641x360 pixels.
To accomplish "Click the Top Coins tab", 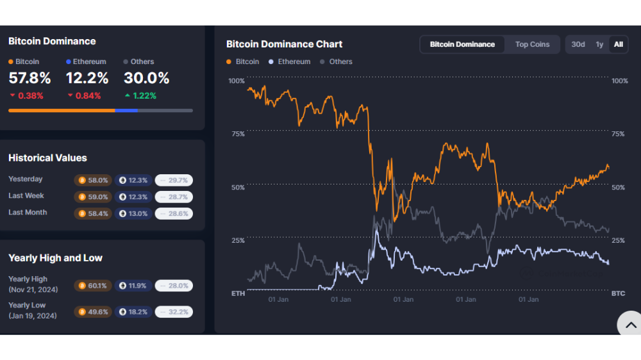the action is pyautogui.click(x=532, y=45).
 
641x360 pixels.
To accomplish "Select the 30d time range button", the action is pyautogui.click(x=578, y=45).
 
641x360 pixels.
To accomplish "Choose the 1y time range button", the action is pyautogui.click(x=599, y=45).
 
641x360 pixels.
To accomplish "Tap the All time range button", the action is pyautogui.click(x=618, y=45).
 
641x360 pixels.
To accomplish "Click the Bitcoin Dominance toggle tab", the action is pyautogui.click(x=462, y=45).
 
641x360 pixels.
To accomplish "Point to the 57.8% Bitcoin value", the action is pyautogui.click(x=30, y=78).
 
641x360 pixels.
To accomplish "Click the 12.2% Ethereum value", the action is pyautogui.click(x=87, y=78).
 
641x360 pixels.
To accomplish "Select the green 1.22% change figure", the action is pyautogui.click(x=140, y=95).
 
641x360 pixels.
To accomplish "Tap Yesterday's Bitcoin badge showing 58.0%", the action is pyautogui.click(x=93, y=180).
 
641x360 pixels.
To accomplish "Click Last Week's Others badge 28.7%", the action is pyautogui.click(x=174, y=197).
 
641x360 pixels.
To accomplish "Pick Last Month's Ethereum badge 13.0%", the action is pyautogui.click(x=133, y=214).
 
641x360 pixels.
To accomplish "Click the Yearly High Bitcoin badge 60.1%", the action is pyautogui.click(x=93, y=286).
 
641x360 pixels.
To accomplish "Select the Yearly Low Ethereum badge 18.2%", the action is pyautogui.click(x=133, y=312).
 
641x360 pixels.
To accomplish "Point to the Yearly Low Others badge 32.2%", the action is pyautogui.click(x=174, y=312).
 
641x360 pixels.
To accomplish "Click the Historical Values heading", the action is pyautogui.click(x=48, y=158).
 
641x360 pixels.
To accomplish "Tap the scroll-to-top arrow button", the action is pyautogui.click(x=630, y=325).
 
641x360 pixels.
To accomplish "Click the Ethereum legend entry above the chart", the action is pyautogui.click(x=290, y=61).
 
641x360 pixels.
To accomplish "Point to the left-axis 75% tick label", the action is pyautogui.click(x=238, y=134).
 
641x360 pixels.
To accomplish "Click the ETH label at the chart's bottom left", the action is pyautogui.click(x=238, y=293).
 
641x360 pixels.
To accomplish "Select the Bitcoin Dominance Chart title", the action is pyautogui.click(x=284, y=44).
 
